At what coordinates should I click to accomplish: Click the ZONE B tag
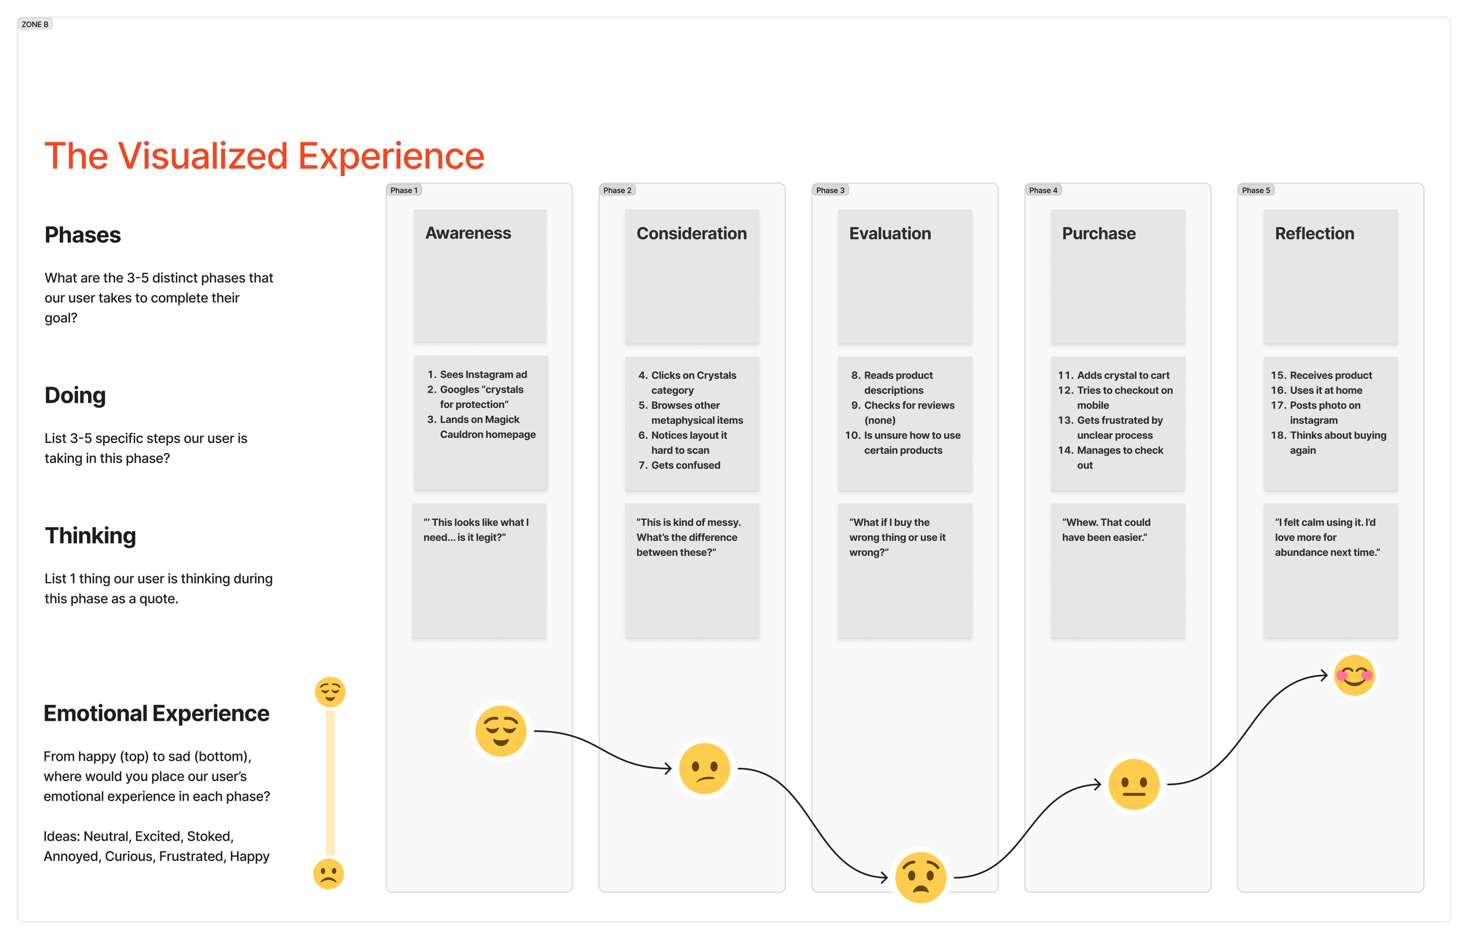click(x=35, y=25)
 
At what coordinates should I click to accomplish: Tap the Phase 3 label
click(x=830, y=190)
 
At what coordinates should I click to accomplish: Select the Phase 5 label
click(x=1256, y=190)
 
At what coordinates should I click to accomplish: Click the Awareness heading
click(x=468, y=233)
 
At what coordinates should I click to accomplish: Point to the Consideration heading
click(x=691, y=234)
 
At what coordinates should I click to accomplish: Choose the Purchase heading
click(x=1099, y=234)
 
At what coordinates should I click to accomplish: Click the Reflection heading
click(x=1314, y=234)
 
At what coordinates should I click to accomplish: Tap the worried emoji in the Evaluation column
click(x=920, y=877)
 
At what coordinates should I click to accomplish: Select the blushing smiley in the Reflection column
click(x=1353, y=675)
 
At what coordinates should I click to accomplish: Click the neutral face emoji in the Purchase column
click(x=1133, y=784)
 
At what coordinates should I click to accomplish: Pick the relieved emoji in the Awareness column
click(x=501, y=731)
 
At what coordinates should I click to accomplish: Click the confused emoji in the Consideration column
click(x=705, y=768)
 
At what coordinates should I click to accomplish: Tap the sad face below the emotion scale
click(x=328, y=874)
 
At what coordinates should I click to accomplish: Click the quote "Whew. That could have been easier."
click(x=1106, y=530)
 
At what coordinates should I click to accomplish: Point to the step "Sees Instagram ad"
click(x=483, y=374)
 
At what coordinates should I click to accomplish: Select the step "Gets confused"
click(x=685, y=465)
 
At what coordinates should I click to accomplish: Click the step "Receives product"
click(x=1330, y=375)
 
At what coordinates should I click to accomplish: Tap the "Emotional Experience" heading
click(x=156, y=714)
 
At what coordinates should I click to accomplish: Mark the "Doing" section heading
click(x=75, y=395)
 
